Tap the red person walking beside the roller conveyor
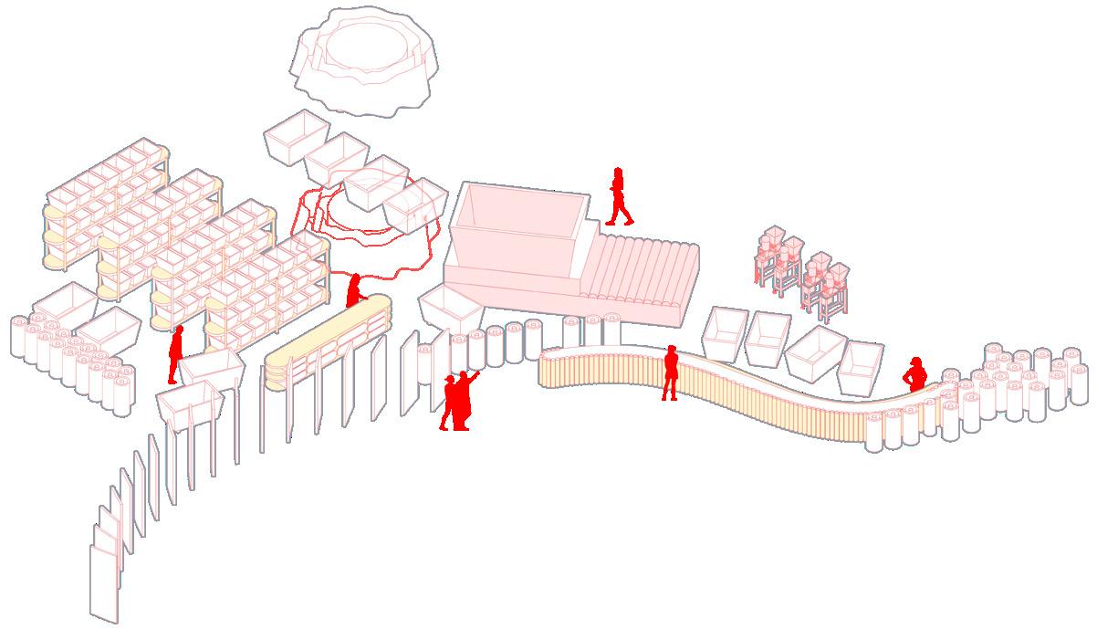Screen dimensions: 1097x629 [620, 197]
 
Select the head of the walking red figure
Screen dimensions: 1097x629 [618, 173]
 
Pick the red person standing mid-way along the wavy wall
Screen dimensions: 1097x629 [670, 372]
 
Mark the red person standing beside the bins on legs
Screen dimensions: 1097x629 [175, 354]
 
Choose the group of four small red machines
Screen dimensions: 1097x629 [801, 267]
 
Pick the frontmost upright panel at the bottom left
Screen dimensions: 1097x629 [103, 582]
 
